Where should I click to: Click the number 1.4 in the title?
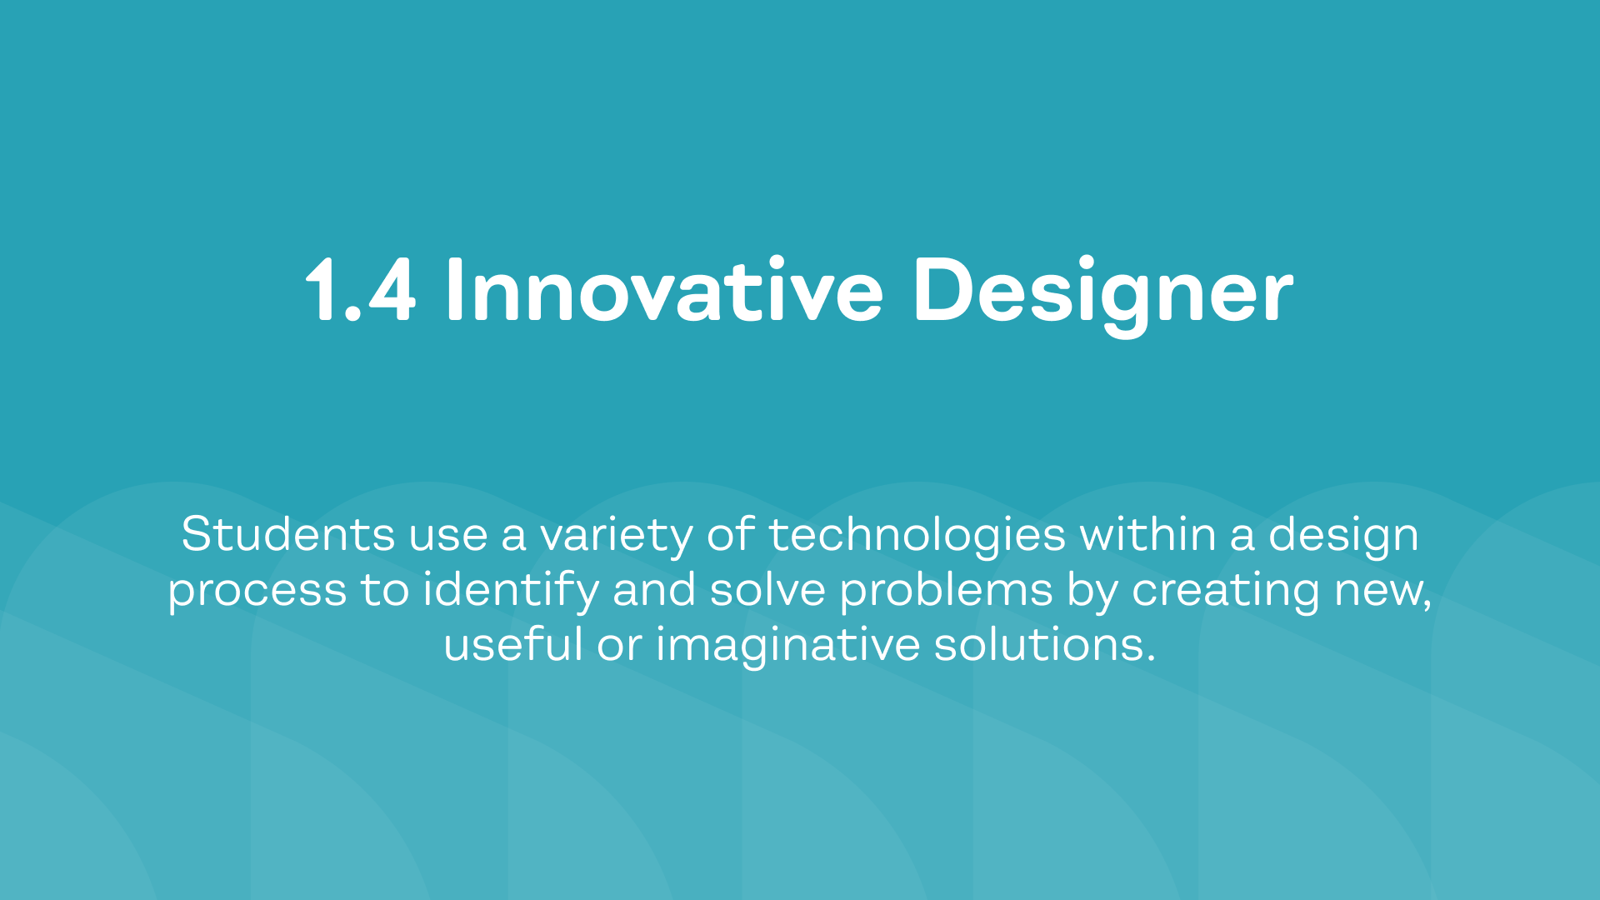click(360, 289)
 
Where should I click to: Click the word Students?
click(287, 534)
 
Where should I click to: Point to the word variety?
click(617, 537)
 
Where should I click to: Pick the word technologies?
click(917, 537)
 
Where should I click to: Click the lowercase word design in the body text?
click(1343, 537)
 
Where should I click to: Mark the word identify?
click(511, 592)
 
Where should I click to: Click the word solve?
click(767, 589)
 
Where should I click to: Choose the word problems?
click(946, 592)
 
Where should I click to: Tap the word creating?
click(1226, 592)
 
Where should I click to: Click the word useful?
click(513, 644)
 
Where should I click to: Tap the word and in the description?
click(654, 589)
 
